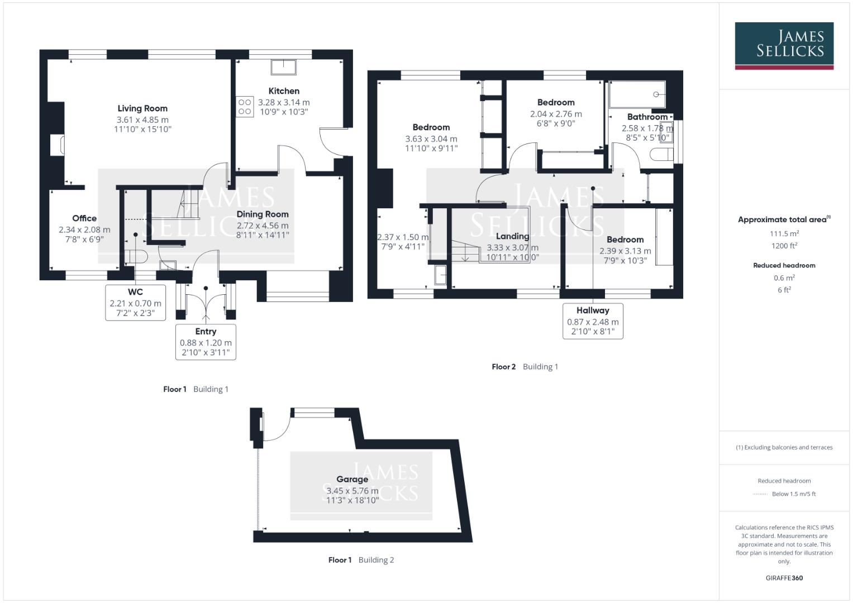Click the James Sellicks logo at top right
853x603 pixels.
[x=784, y=45]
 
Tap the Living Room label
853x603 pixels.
[x=142, y=108]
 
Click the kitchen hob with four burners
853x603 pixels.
[x=245, y=107]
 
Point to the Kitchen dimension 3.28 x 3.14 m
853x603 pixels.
[x=284, y=102]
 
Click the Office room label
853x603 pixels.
[x=84, y=218]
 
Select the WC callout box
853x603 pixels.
[x=135, y=302]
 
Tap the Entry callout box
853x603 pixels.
[x=206, y=341]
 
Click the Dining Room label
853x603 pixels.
[x=263, y=214]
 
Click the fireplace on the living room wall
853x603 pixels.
[x=58, y=145]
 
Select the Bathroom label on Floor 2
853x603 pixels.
[x=647, y=117]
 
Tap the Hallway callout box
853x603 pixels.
[x=593, y=321]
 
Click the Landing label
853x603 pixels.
[x=512, y=236]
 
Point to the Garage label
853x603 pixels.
[x=352, y=479]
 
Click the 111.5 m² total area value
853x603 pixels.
[x=784, y=233]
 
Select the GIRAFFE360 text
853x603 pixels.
[x=784, y=578]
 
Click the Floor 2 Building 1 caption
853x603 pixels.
[x=525, y=367]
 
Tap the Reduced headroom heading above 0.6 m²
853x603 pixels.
[x=784, y=265]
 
